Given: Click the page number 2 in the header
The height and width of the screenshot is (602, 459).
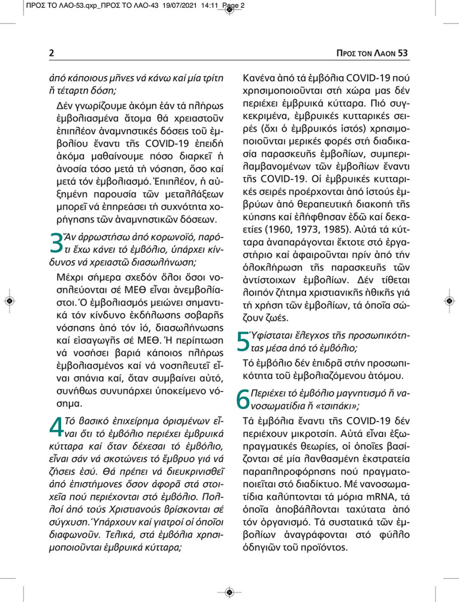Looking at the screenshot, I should point(52,53).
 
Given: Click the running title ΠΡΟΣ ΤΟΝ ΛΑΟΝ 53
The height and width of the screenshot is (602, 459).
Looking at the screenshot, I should point(372,53).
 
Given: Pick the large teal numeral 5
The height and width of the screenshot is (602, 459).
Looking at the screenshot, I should point(243,341).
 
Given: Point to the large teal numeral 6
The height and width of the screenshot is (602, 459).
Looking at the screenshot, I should point(243,399).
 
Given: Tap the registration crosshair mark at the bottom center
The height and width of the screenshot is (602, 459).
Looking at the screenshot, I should point(229,592).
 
